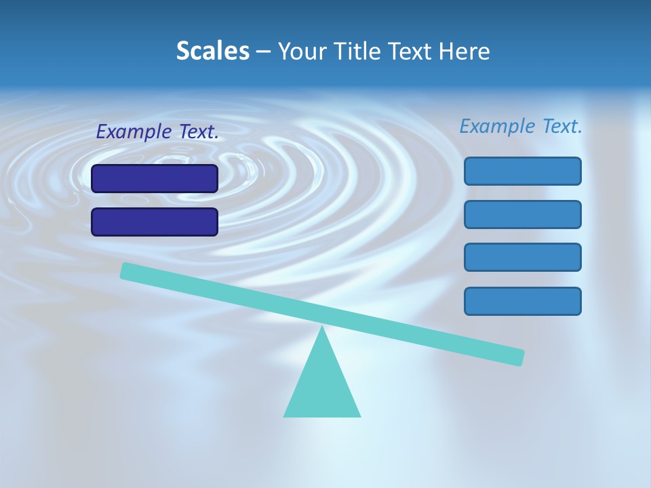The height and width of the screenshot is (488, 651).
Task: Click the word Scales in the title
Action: (213, 52)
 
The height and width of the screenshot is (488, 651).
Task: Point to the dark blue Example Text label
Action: (157, 132)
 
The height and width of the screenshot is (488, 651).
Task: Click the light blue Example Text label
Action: (521, 126)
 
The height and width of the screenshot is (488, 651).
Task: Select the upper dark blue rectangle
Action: (155, 178)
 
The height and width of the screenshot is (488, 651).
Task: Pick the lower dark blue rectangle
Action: (155, 222)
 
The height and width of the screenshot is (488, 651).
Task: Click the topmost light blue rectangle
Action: (523, 171)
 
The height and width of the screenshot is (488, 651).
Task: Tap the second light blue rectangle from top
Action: (523, 214)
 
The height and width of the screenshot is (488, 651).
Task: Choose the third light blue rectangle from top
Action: (523, 258)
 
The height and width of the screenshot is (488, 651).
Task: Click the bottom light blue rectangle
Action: (523, 301)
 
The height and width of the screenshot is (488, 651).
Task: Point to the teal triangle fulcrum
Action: (322, 386)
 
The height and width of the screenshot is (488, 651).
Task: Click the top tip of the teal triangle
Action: (322, 328)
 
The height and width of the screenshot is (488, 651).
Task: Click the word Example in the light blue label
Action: (498, 126)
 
